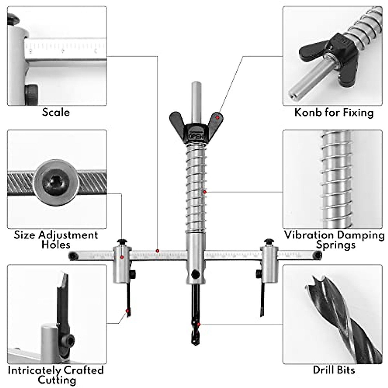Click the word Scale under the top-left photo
coord(56,112)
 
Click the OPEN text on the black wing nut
coord(196,135)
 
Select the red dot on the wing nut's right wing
coord(218,117)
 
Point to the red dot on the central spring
coord(204,192)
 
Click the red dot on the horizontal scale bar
coord(157,251)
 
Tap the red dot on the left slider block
coord(122,257)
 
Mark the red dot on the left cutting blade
coord(128,311)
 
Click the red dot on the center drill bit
coord(199,324)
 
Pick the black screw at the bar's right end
coord(318,255)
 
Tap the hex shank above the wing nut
coord(196,97)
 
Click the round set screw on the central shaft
coord(195,274)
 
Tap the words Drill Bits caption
coord(334,370)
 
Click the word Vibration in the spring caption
coord(308,235)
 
